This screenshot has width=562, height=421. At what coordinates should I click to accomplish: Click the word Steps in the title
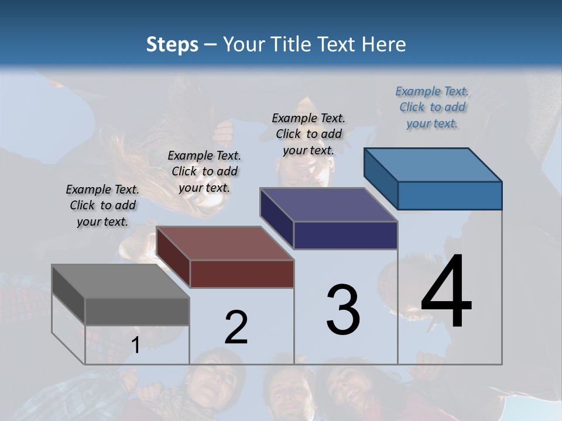(x=172, y=45)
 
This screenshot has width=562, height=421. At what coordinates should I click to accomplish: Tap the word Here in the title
(x=384, y=44)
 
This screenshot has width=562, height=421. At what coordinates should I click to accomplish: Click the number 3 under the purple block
(x=343, y=309)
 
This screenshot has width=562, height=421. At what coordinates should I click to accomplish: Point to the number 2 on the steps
(x=236, y=327)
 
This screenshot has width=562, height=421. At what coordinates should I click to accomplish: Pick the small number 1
(x=135, y=346)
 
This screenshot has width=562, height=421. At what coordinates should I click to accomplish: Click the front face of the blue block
(x=450, y=195)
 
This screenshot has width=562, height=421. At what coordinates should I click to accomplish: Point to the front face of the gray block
(x=137, y=311)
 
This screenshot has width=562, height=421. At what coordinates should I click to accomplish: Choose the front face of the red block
(x=242, y=274)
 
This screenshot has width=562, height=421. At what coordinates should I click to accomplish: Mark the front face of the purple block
(x=345, y=235)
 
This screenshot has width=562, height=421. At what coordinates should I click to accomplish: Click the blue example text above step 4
(x=432, y=107)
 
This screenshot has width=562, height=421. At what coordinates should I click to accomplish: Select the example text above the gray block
(x=102, y=205)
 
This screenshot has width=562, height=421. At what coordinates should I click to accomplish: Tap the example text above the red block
(x=204, y=171)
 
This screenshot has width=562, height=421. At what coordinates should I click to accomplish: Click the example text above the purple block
(x=309, y=134)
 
